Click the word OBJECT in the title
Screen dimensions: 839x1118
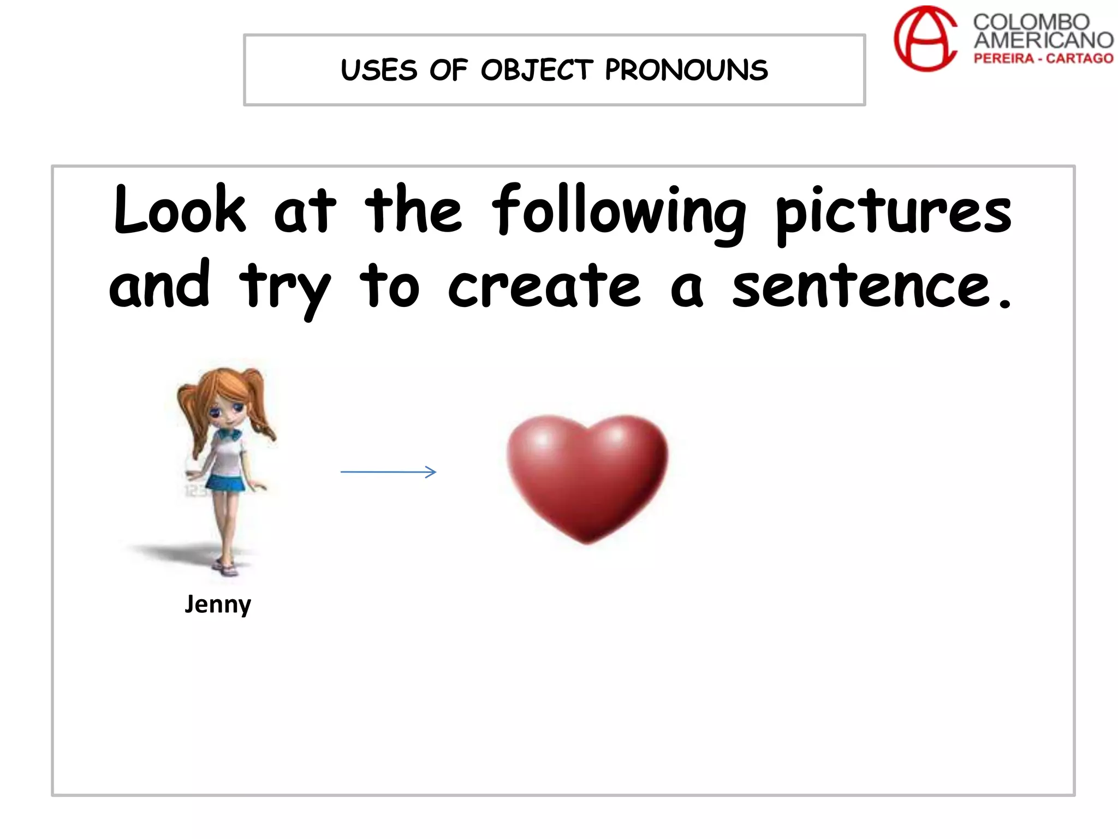tap(536, 70)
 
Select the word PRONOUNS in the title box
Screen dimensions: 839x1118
tap(686, 70)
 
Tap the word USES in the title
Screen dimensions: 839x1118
tap(379, 70)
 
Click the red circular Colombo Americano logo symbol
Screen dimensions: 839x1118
tap(925, 39)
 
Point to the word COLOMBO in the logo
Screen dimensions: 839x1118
tap(1031, 22)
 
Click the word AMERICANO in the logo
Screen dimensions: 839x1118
tap(1043, 40)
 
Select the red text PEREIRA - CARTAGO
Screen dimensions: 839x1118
tap(1043, 58)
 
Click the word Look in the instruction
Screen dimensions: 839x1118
tap(180, 210)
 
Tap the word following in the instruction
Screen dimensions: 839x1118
tap(619, 213)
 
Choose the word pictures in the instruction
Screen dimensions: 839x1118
tap(893, 213)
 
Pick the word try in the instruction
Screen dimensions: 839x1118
tap(284, 289)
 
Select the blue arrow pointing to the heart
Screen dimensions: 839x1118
tap(388, 471)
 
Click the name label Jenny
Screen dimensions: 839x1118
tap(218, 604)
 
